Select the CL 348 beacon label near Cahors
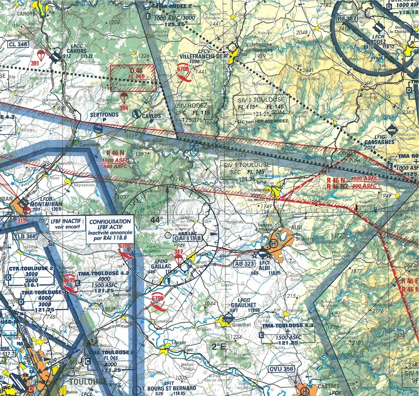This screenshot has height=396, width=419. point(18,44)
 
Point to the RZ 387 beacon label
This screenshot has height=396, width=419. point(346,18)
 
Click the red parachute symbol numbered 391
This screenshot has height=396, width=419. point(41,56)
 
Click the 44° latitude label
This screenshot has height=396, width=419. point(156,220)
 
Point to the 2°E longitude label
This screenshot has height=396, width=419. point(218,346)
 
